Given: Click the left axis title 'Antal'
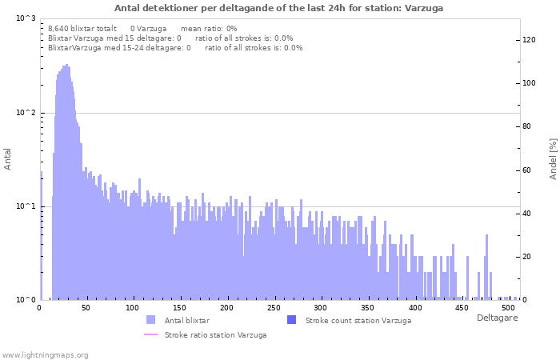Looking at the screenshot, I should coord(8,159).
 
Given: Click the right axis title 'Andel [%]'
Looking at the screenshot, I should coord(553,158).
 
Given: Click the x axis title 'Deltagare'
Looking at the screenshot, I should coord(497,318).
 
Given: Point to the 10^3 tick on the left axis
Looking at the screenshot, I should coord(26,18).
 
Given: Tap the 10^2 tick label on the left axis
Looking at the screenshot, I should coord(26,113).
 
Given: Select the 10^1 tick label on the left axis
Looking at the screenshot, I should coord(26,206).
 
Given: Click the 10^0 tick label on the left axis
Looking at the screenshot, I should coord(26,300).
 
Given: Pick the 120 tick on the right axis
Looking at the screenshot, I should coord(529,39).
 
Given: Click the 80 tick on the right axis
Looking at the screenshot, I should coord(526,126).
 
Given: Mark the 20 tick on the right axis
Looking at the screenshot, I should coord(526,257).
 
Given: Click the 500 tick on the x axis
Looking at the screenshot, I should coord(509,307).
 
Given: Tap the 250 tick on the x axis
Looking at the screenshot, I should coord(274,307).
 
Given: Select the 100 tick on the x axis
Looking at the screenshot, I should coord(133,307).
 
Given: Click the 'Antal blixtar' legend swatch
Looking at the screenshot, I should coord(151,320).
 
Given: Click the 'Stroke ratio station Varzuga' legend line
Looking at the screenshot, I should coord(151,334).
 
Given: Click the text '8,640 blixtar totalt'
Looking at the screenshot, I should coord(82,28).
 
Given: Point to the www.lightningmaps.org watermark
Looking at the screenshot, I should coord(45,354).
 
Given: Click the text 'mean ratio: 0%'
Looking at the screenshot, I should coord(209,28).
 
